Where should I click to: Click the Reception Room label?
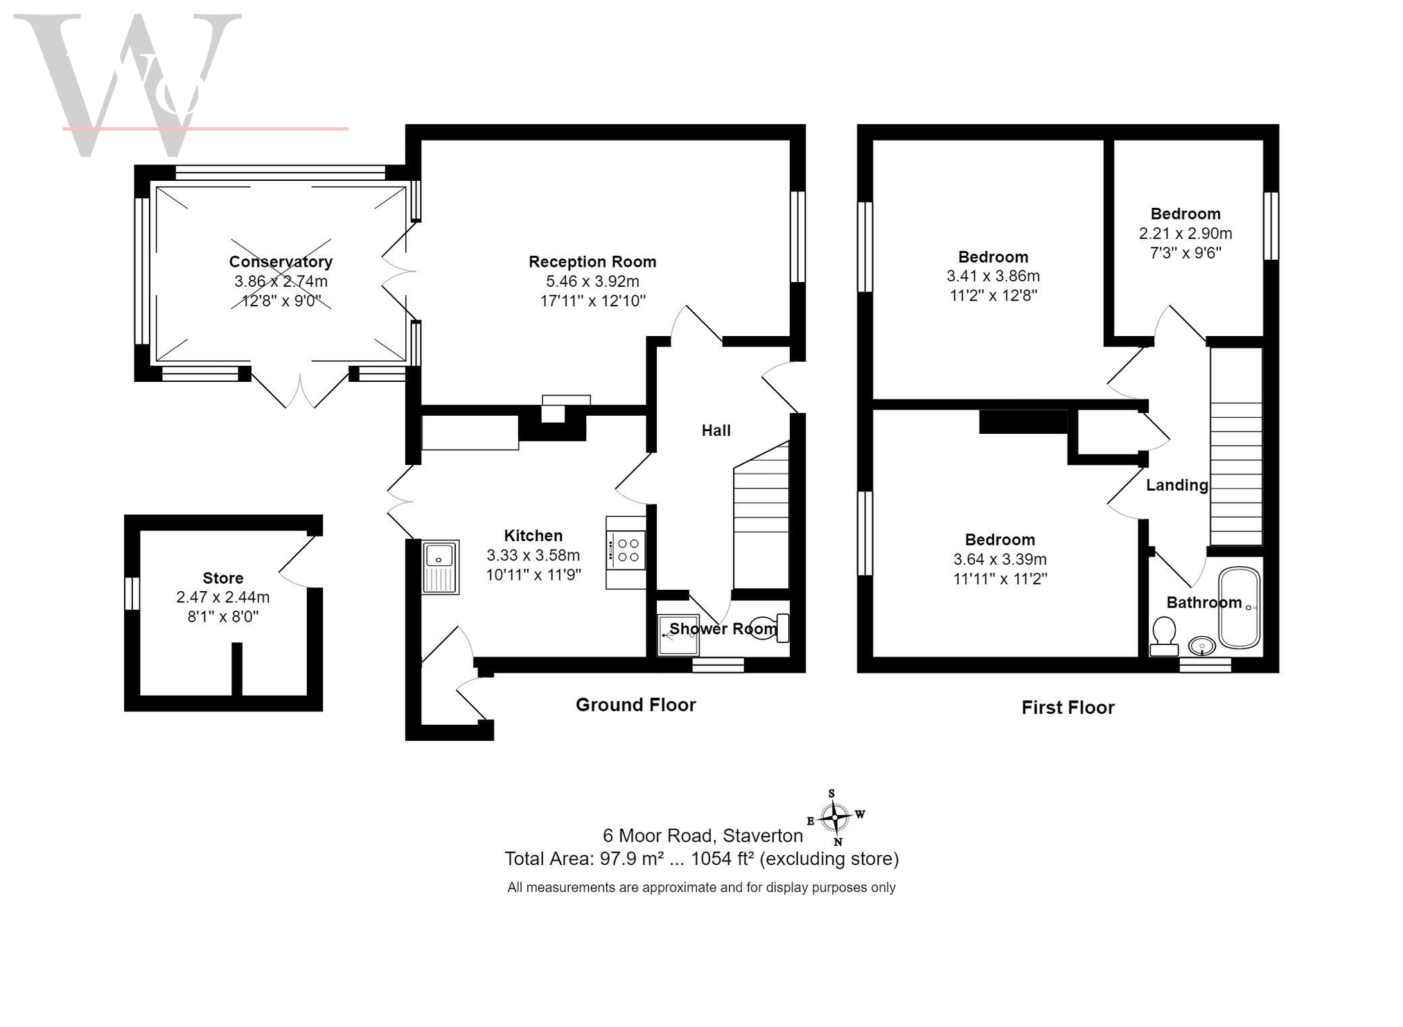click(x=592, y=262)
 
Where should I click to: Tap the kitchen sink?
click(x=440, y=567)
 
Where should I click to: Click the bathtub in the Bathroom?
click(x=1239, y=608)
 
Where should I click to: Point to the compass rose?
click(x=836, y=817)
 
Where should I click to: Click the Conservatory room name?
click(x=281, y=262)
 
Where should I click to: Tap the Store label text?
click(x=222, y=578)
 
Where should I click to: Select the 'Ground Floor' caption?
click(x=635, y=705)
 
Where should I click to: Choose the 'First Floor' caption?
click(x=1068, y=708)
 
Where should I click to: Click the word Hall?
click(x=716, y=430)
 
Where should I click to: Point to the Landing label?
click(x=1176, y=485)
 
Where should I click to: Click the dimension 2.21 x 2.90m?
click(x=1185, y=234)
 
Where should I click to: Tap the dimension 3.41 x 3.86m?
click(x=993, y=276)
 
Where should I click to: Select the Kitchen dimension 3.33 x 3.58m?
click(x=533, y=555)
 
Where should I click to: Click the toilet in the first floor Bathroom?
click(x=1164, y=636)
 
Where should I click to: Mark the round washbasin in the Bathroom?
click(x=1201, y=647)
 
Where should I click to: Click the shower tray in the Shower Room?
click(x=678, y=635)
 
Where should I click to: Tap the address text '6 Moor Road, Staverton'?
click(x=703, y=836)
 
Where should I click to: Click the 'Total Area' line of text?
click(x=701, y=859)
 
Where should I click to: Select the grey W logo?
click(x=128, y=83)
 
